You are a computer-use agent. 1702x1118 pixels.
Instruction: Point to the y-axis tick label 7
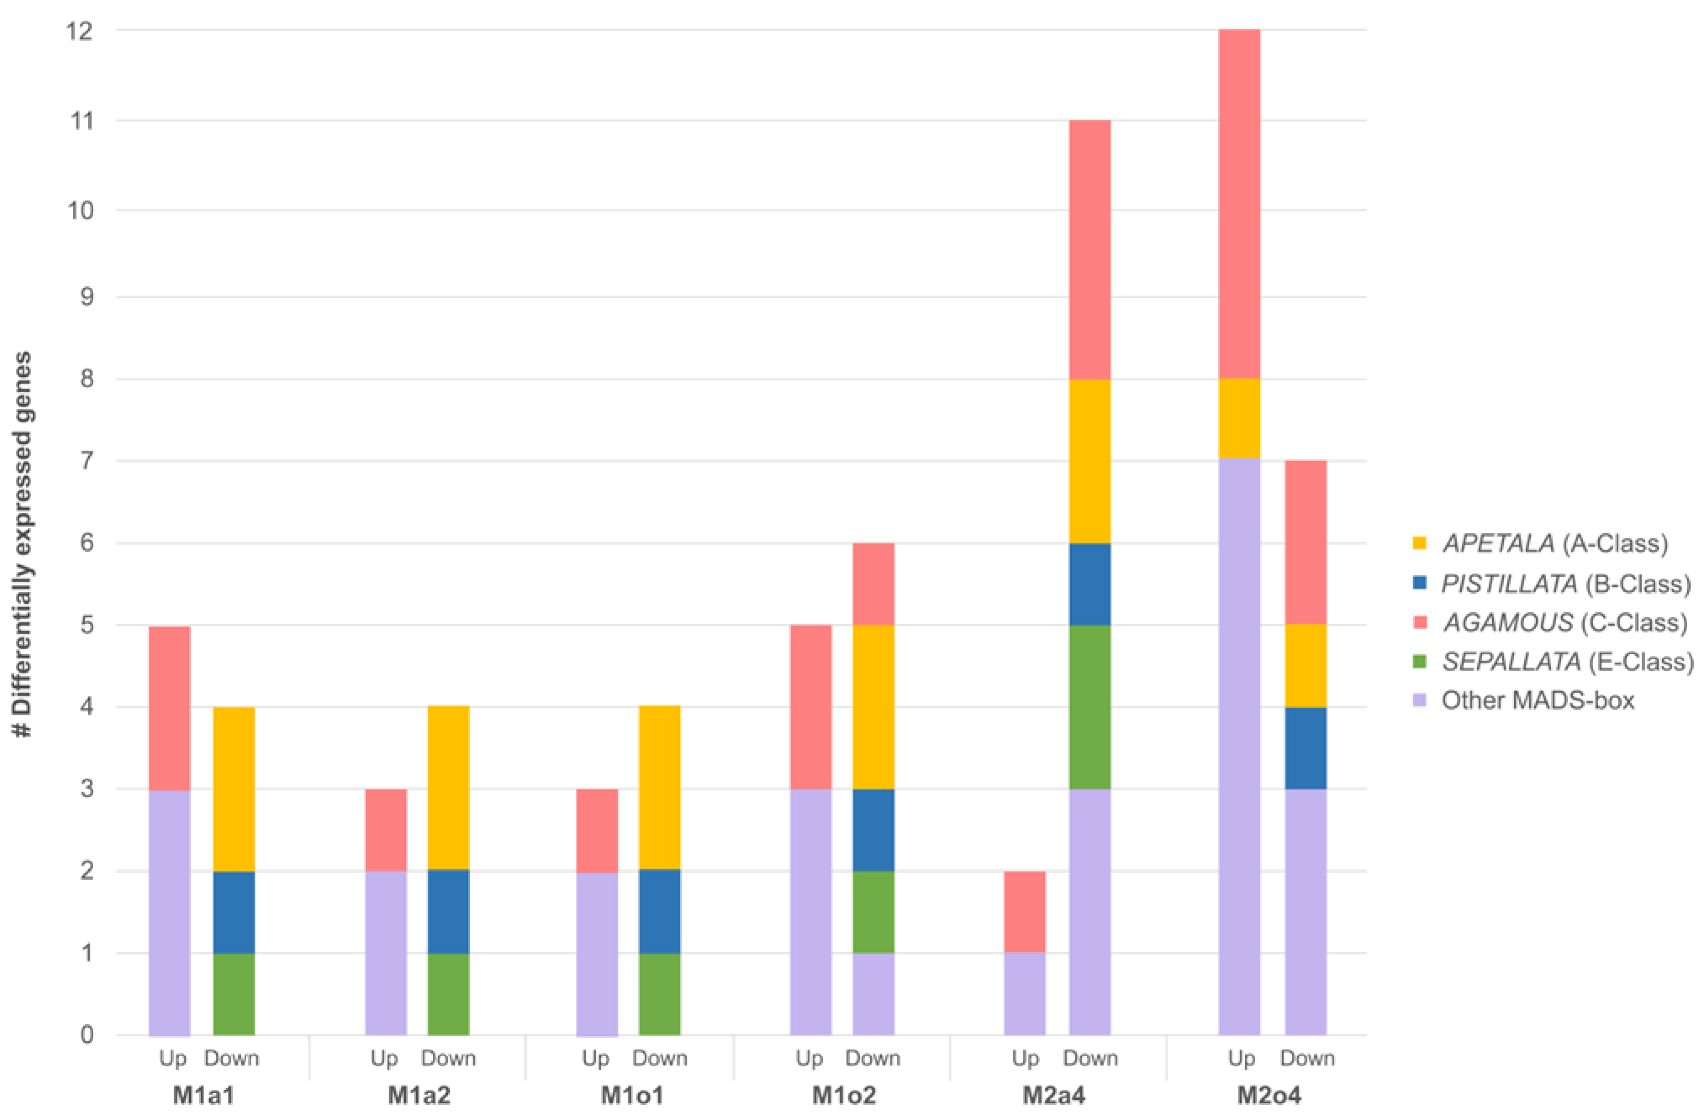(87, 461)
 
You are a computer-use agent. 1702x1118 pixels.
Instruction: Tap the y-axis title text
(24, 544)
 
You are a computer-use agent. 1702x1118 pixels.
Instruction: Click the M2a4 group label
(1054, 1095)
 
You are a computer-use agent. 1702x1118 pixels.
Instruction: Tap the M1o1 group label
(632, 1095)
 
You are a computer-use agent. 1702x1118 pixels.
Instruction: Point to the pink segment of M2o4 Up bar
(1239, 204)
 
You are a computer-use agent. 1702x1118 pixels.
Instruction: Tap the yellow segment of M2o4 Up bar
(1239, 418)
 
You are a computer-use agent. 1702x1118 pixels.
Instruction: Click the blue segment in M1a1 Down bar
(234, 912)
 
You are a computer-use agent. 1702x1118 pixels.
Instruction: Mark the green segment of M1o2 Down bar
(873, 912)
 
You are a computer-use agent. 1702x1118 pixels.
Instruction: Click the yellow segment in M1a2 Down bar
(448, 788)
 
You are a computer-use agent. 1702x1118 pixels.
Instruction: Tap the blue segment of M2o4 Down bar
(1305, 748)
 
